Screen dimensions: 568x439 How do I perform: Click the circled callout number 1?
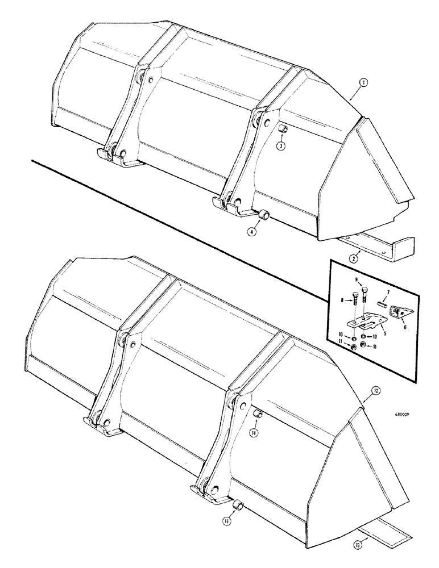(364, 83)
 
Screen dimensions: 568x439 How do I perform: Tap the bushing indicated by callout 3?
(281, 132)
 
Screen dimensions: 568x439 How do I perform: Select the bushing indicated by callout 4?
(264, 216)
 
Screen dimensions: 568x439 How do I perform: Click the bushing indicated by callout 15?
(239, 504)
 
